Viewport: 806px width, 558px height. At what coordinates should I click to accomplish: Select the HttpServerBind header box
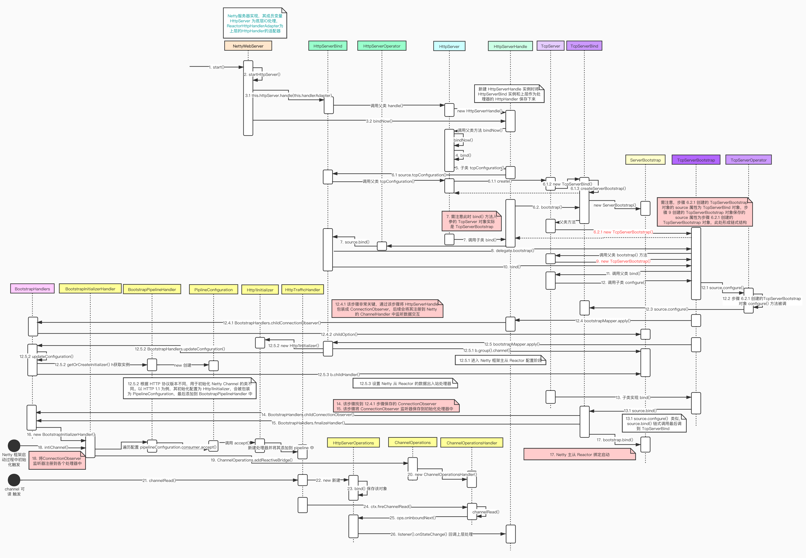327,46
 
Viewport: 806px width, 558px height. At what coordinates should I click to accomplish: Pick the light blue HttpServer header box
449,46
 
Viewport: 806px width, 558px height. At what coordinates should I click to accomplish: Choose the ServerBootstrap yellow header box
645,160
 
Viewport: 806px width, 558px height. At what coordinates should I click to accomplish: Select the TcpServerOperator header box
748,160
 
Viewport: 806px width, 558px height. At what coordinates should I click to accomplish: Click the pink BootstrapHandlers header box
32,289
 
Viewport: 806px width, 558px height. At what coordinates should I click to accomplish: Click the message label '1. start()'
217,67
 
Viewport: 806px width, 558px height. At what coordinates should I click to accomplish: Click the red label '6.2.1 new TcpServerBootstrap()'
623,232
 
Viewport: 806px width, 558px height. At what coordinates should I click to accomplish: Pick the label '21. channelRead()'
159,480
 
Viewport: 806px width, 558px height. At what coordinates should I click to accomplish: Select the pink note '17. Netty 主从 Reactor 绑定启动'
579,454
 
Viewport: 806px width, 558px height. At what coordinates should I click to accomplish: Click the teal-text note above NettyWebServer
255,23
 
